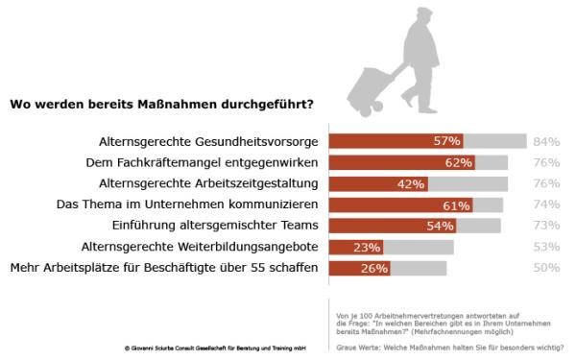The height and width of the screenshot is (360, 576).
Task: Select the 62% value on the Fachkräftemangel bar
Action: pos(459,162)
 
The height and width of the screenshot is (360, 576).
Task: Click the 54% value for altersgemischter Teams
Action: pos(439,227)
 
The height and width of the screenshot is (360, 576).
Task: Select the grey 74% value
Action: pos(545,205)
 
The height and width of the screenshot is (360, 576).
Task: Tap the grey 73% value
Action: pos(545,227)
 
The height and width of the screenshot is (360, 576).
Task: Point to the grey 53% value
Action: pos(545,248)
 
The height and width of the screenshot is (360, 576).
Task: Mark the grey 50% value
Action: pos(545,269)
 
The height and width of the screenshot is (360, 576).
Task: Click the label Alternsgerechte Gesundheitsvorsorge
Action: pos(208,141)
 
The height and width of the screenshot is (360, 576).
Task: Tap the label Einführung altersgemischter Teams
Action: pos(221,227)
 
